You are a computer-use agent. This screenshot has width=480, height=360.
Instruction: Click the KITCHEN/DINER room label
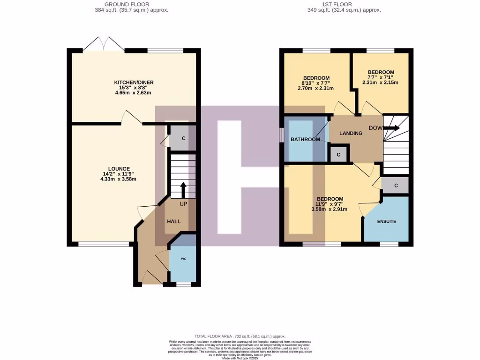[134, 82]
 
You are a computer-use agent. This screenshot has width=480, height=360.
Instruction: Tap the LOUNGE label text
[119, 169]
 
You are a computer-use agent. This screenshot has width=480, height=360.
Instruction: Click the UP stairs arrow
[183, 189]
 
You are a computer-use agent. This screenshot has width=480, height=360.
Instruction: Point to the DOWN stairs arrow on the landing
[393, 127]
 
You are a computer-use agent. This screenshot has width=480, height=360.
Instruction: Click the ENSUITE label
[387, 221]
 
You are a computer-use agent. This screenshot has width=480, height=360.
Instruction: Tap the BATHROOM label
[305, 140]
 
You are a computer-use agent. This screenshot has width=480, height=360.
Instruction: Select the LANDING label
[351, 133]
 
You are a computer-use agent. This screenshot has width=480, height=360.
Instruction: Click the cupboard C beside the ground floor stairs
[183, 138]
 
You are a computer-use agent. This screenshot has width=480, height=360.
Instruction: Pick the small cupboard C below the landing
[338, 154]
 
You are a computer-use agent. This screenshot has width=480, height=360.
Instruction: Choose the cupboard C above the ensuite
[396, 186]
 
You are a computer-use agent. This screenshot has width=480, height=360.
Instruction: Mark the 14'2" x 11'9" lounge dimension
[119, 174]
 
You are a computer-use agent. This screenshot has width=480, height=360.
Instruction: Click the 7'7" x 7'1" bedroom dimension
[380, 77]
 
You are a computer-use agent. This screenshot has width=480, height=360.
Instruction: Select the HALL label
[173, 222]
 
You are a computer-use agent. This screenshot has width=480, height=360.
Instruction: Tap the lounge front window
[104, 244]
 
